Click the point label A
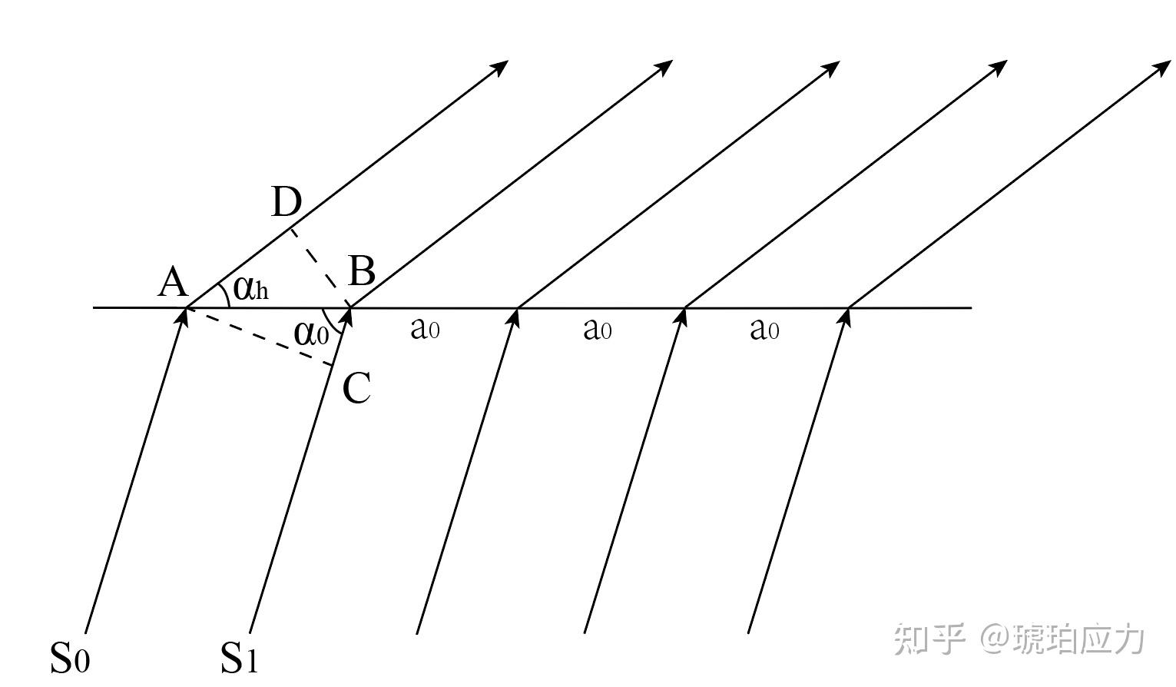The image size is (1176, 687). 174,282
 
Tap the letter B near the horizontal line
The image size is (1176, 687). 362,271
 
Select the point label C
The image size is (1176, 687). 356,388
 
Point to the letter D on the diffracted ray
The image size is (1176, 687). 287,202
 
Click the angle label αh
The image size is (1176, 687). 251,288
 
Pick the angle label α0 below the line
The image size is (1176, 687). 311,334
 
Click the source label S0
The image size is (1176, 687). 70,658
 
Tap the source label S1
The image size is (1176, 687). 239,658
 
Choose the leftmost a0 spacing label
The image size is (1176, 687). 426,330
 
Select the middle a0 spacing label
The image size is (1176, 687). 598,330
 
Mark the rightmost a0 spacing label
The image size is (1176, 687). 764,330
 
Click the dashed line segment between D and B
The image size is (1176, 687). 320,267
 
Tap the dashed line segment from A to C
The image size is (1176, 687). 260,336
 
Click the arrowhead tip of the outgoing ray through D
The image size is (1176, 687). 508,61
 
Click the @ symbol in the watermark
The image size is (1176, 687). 995,639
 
